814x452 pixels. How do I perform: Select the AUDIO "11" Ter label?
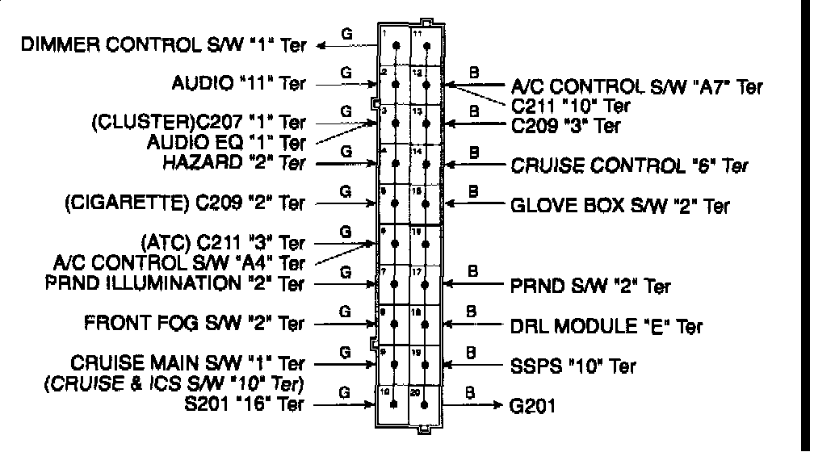[x=239, y=83]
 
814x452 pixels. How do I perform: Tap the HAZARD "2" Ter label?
[x=234, y=163]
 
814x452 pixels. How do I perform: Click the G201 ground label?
[x=534, y=404]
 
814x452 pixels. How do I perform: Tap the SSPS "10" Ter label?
[x=573, y=365]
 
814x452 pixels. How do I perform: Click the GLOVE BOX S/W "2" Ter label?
[x=620, y=205]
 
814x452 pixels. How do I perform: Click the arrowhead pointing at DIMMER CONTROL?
[x=321, y=46]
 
